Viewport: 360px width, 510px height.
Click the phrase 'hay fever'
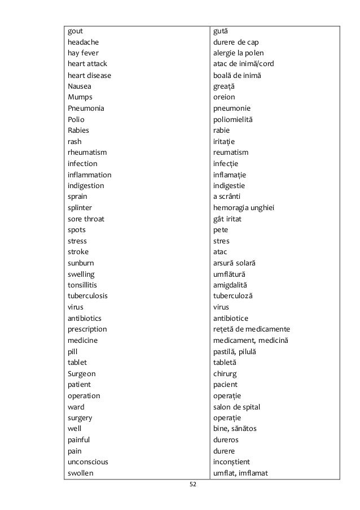coord(83,53)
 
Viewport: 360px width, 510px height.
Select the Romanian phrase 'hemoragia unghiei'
coord(244,207)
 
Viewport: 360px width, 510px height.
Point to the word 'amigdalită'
coord(230,285)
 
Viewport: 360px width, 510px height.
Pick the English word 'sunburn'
coord(81,263)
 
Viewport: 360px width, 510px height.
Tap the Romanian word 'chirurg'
coord(225,373)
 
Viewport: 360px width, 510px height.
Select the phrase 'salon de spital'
coord(236,407)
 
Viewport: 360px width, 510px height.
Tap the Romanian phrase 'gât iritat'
coord(227,219)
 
